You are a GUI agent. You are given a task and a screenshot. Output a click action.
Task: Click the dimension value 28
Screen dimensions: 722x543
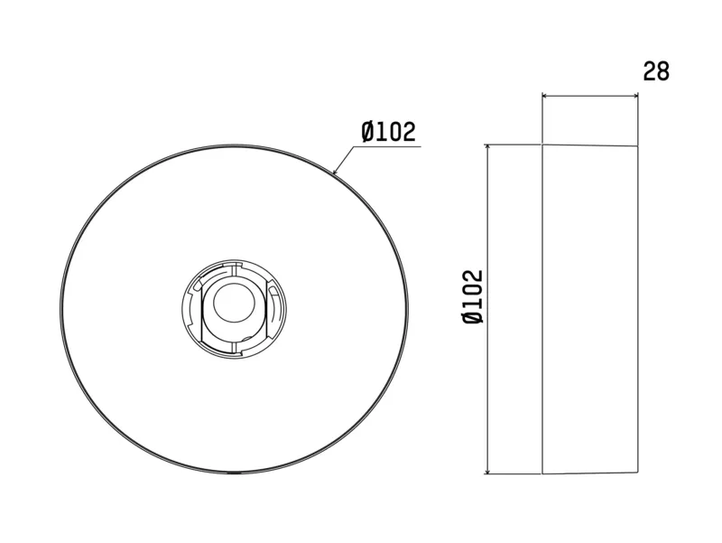656,71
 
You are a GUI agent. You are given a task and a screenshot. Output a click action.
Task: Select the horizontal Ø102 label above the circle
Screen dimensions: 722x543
389,131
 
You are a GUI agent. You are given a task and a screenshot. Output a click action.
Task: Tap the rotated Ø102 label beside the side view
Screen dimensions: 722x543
473,297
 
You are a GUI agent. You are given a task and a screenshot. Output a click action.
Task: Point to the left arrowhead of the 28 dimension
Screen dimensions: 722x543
545,96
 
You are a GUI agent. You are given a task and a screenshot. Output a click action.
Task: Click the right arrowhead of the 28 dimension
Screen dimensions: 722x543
635,96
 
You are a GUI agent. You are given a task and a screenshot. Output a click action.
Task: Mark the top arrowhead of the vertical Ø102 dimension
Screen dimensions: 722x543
487,147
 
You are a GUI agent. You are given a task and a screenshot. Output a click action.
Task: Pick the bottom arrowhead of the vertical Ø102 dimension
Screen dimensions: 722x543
487,470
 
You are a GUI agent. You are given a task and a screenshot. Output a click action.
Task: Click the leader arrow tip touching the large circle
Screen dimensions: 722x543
334,173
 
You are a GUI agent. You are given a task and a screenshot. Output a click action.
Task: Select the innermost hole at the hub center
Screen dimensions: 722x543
234,303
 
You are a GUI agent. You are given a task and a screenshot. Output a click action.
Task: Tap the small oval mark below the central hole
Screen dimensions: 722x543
245,339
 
